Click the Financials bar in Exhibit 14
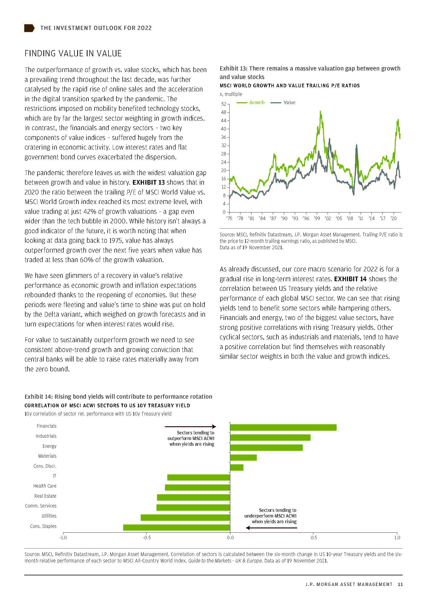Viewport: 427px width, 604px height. (x=283, y=427)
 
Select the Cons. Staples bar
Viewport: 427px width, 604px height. (x=176, y=527)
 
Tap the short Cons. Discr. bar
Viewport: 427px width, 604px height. (x=237, y=467)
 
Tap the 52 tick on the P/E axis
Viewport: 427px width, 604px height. (x=224, y=104)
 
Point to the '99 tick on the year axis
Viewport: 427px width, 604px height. (x=317, y=218)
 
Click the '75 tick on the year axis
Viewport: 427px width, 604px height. (x=229, y=218)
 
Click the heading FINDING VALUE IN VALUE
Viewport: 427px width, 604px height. (x=73, y=53)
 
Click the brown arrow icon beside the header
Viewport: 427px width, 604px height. (x=29, y=28)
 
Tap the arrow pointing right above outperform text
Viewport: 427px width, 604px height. (x=190, y=426)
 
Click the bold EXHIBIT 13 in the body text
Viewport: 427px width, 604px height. (x=148, y=182)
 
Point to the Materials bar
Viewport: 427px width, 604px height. (x=243, y=457)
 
